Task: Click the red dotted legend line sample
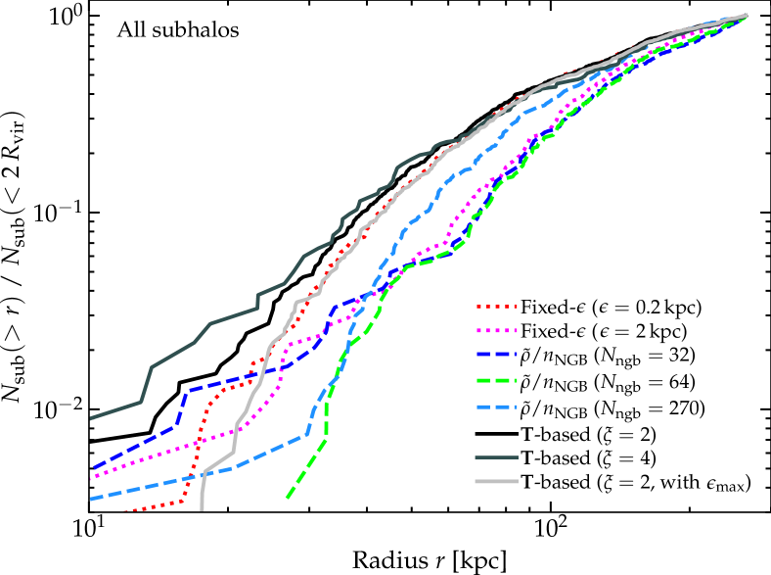tap(496, 307)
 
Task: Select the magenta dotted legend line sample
tap(496, 331)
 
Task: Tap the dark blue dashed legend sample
tap(496, 355)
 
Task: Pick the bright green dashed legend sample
tap(496, 380)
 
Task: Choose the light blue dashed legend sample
tap(496, 407)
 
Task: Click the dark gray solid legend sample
tap(496, 457)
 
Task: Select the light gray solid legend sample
tap(496, 482)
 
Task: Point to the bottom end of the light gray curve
tap(202, 508)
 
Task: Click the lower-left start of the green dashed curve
tap(288, 498)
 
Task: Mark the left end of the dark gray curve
tap(91, 418)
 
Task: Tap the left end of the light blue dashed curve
tap(91, 500)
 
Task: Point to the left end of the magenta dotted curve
tap(91, 479)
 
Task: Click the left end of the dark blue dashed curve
tap(93, 468)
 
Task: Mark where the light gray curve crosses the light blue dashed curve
tap(205, 473)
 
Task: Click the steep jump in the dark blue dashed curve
tap(182, 407)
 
